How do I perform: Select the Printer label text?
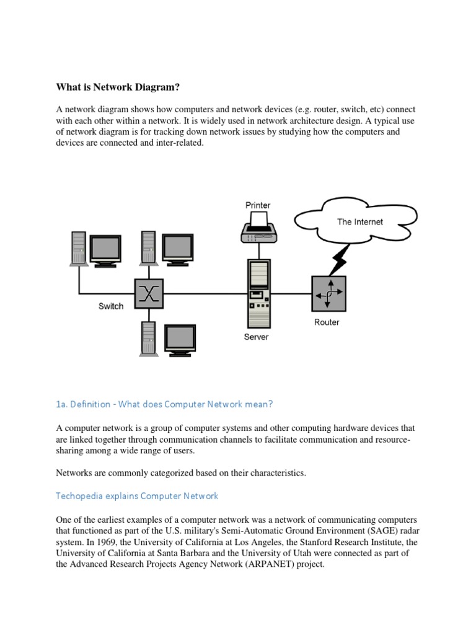[258, 205]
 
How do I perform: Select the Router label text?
[327, 322]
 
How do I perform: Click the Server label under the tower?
[257, 337]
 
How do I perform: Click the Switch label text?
[111, 306]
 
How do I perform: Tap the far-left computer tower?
[79, 248]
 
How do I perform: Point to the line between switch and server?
[205, 292]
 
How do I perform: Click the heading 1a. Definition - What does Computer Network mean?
[164, 404]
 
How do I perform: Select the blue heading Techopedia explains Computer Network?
[137, 496]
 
